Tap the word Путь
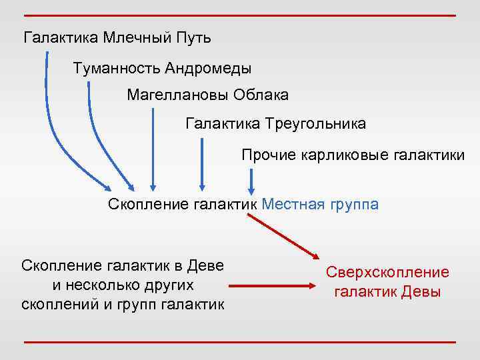tap(193, 37)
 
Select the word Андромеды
tap(208, 68)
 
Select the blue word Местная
tap(291, 204)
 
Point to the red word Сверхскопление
tap(387, 273)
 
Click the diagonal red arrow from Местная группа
tap(284, 235)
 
